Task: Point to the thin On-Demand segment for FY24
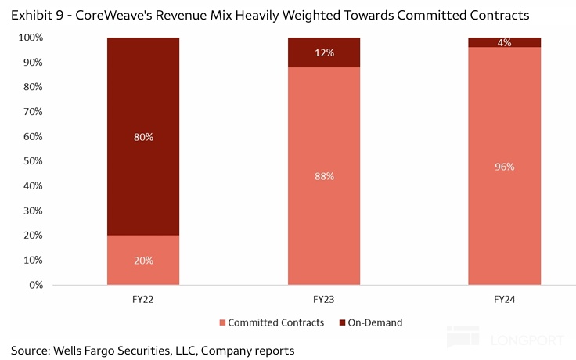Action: click(504, 42)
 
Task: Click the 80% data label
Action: click(143, 137)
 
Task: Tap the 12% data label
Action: click(325, 52)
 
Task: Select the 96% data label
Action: click(504, 166)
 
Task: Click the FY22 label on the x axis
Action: click(143, 299)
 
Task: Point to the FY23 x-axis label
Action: click(324, 299)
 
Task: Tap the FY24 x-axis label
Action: click(504, 299)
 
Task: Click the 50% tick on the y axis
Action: click(32, 161)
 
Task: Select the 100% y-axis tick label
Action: click(30, 38)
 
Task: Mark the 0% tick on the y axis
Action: click(34, 285)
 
